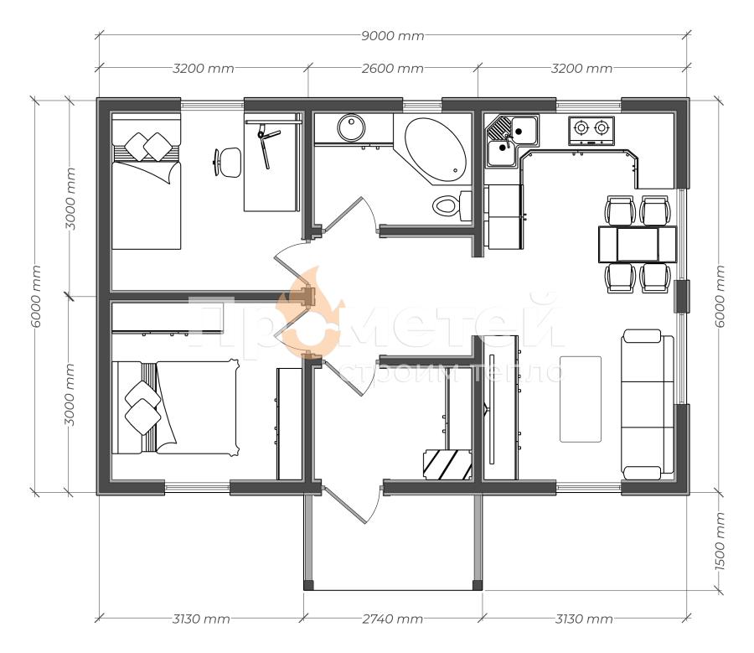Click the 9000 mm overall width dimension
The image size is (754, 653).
click(392, 35)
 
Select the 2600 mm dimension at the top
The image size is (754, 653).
click(392, 69)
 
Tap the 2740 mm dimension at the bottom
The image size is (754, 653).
click(392, 619)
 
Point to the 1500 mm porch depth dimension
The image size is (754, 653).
click(720, 542)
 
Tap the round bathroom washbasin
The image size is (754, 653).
click(351, 127)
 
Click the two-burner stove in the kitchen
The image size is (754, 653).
click(591, 131)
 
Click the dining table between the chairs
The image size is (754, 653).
click(638, 245)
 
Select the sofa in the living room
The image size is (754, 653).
click(648, 404)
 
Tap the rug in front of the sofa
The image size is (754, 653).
click(581, 399)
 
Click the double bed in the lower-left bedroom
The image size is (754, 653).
click(176, 407)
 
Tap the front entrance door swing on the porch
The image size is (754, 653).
click(354, 505)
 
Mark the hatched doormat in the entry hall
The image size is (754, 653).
click(447, 464)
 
